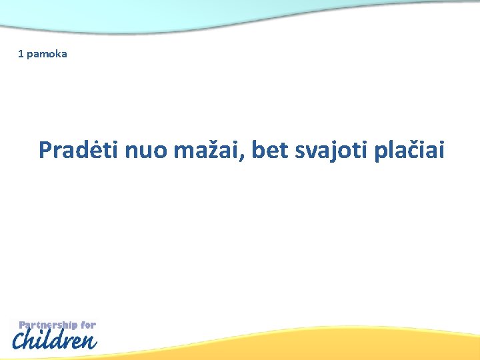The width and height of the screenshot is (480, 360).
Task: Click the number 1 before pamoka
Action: point(21,53)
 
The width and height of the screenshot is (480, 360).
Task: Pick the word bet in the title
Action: point(271,151)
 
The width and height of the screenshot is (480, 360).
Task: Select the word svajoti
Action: point(331,151)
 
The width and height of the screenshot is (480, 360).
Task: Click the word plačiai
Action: point(408,150)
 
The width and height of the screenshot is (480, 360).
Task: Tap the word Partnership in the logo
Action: point(48,325)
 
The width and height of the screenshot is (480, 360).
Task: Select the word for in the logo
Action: point(89,325)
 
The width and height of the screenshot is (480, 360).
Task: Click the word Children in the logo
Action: point(55,341)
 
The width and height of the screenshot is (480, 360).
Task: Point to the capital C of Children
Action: point(21,341)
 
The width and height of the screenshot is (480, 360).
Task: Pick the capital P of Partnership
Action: point(22,325)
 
